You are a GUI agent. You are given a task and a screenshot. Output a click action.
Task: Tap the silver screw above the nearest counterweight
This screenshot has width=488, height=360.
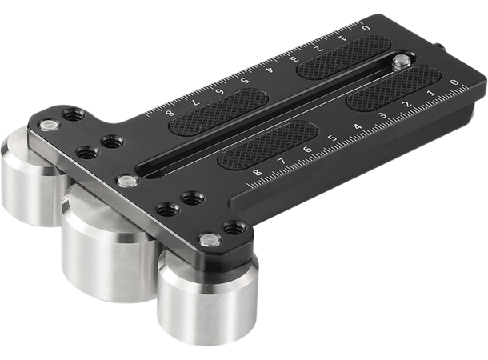(x=210, y=238)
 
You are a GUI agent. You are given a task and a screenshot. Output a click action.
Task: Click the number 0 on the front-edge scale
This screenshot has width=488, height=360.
(x=454, y=82)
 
